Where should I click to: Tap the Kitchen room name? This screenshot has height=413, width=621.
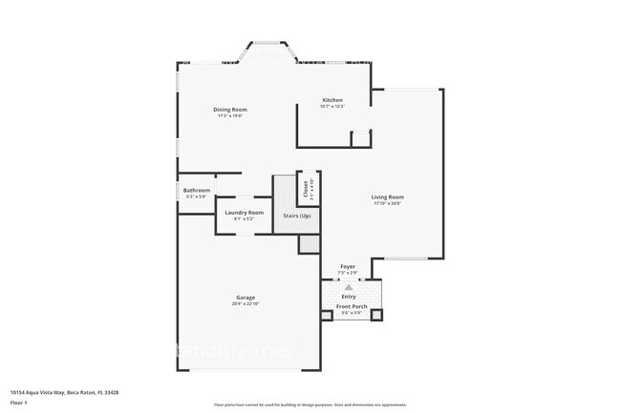click(332, 100)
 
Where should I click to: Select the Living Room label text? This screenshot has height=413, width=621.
click(387, 197)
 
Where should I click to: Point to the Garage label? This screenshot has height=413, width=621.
click(246, 298)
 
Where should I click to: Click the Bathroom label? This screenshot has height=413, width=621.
click(197, 190)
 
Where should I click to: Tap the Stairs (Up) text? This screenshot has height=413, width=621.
click(297, 216)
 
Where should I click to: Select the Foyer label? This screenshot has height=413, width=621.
click(349, 267)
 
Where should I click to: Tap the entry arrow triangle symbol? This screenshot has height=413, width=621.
click(350, 286)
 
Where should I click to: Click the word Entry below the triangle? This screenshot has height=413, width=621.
click(349, 297)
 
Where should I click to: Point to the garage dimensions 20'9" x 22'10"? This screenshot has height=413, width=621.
click(246, 304)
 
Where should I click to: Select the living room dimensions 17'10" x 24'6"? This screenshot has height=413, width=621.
click(387, 204)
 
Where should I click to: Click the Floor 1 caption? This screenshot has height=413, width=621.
click(18, 403)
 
